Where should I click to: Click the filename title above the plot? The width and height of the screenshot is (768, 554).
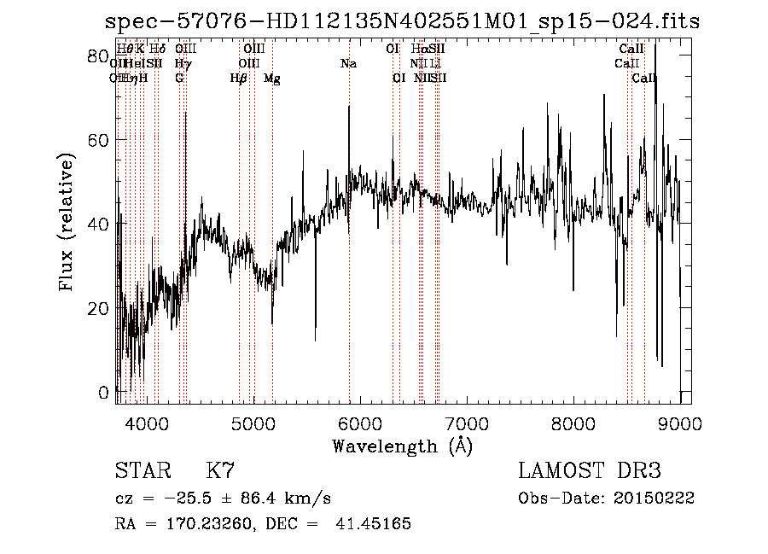click(398, 22)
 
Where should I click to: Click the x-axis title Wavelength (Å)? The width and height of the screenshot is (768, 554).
click(402, 445)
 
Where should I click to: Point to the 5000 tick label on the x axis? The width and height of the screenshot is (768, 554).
click(253, 423)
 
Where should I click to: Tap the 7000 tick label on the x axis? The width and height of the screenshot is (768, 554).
click(467, 423)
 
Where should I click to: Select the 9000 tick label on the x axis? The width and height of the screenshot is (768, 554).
click(679, 423)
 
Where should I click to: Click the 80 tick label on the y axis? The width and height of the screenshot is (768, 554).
click(99, 56)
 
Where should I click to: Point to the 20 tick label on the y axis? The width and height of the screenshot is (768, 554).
click(99, 308)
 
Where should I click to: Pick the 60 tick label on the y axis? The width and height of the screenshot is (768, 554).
click(99, 140)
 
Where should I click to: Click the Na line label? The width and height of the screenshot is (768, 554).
click(348, 64)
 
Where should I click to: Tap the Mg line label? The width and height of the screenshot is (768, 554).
click(271, 79)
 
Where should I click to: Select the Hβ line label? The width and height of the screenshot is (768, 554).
click(239, 79)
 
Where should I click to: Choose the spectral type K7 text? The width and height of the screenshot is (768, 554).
click(220, 471)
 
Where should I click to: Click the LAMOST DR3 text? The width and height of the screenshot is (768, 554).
click(590, 471)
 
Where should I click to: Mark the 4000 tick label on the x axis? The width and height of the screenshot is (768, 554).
click(147, 423)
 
